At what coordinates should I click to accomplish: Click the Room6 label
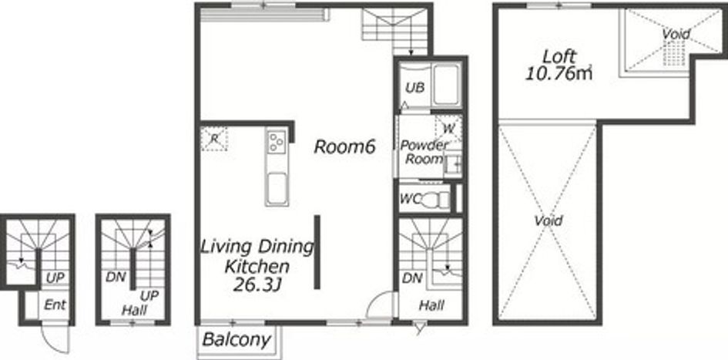(x=344, y=146)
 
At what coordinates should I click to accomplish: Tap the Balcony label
(x=237, y=339)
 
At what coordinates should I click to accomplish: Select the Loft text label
(x=559, y=57)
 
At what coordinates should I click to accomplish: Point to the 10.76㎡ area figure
(x=559, y=73)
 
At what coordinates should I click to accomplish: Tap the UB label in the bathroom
(x=414, y=88)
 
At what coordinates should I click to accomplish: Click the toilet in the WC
(x=437, y=200)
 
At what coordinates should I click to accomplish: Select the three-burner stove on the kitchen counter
(x=277, y=142)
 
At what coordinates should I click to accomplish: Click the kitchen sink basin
(x=277, y=189)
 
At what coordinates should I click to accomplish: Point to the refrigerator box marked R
(x=214, y=139)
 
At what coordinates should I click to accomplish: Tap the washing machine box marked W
(x=448, y=128)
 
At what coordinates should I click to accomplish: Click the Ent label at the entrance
(x=55, y=305)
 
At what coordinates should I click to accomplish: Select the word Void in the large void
(x=548, y=220)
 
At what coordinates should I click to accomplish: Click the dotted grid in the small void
(x=673, y=52)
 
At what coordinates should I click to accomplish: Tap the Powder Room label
(x=424, y=152)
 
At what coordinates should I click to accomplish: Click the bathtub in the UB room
(x=446, y=86)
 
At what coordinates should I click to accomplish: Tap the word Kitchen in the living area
(x=257, y=267)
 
